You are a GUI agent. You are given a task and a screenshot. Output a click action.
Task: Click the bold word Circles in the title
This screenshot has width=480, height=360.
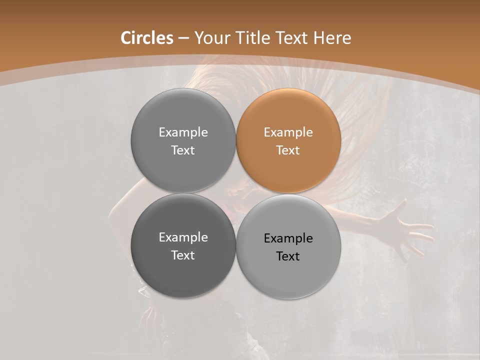pos(147,38)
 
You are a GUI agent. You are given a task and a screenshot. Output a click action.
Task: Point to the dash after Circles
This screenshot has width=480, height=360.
pos(183,38)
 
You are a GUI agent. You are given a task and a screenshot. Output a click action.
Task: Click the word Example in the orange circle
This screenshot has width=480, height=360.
pos(288,132)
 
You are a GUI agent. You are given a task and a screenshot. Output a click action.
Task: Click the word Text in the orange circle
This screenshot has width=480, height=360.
pos(288,150)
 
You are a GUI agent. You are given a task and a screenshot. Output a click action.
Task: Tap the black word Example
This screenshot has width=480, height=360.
pos(288,238)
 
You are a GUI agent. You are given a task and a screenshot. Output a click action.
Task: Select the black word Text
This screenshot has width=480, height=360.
pos(288,256)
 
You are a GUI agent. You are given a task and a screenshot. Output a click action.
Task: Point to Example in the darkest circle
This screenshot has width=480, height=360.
pos(183,237)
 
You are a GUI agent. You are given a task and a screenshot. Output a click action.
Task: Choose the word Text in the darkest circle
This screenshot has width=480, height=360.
pos(183,255)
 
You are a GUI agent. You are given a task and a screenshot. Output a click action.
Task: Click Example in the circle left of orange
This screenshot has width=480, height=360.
pos(183,132)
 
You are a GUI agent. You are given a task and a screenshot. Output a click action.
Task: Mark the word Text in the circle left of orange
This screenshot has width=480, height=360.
pos(183,150)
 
